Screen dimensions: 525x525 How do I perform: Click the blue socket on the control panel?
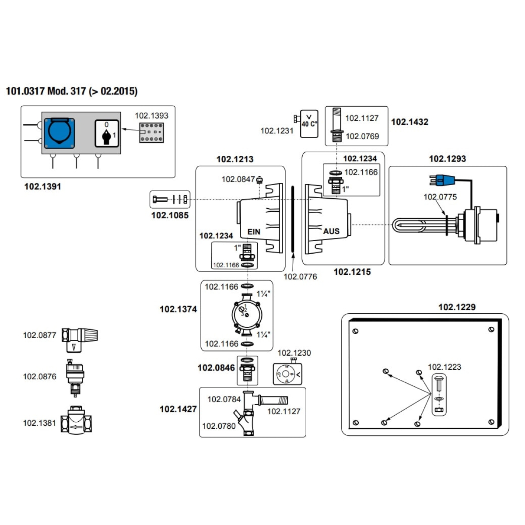click(59, 133)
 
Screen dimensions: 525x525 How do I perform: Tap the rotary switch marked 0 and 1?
click(107, 133)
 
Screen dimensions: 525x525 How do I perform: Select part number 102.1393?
click(151, 115)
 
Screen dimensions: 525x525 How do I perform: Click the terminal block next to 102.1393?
click(151, 133)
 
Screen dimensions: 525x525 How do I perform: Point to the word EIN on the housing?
click(254, 232)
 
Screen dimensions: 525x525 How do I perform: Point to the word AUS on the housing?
click(331, 231)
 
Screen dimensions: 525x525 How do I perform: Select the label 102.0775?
click(440, 197)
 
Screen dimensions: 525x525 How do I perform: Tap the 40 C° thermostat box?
click(309, 124)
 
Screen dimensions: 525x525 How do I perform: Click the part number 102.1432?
click(410, 122)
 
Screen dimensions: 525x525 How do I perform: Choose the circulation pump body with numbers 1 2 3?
click(247, 315)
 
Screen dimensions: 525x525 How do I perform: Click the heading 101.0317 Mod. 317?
click(72, 91)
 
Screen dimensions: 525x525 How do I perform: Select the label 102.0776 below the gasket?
click(300, 276)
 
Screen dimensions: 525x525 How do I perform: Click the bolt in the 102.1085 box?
click(160, 199)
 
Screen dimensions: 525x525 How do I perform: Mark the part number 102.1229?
click(457, 307)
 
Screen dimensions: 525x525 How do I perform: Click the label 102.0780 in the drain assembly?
click(219, 426)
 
